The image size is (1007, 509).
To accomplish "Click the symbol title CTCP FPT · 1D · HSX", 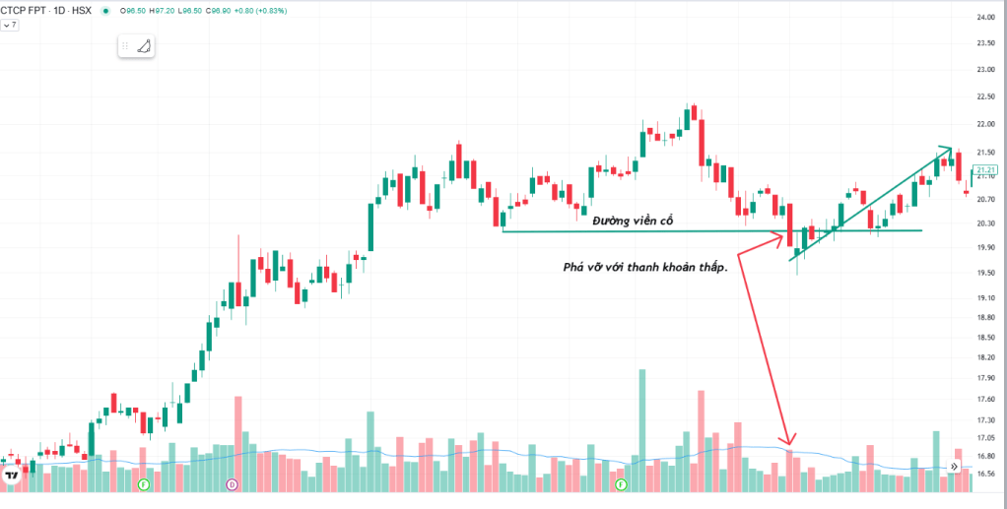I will point(45,10).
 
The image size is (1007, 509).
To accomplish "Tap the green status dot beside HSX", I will point(105,10).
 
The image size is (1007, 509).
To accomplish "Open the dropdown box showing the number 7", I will point(10,25).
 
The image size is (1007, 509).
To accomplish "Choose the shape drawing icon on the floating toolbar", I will point(144,46).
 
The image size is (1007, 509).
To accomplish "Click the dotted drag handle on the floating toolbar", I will point(125,46).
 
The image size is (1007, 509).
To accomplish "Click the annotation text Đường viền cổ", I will point(633,222).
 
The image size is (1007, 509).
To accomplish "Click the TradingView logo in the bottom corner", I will point(13,476).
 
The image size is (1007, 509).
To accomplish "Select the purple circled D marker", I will point(233,484).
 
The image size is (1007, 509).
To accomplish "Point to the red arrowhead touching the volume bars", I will point(788,442).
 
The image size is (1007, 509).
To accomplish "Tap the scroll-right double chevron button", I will point(953,467).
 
